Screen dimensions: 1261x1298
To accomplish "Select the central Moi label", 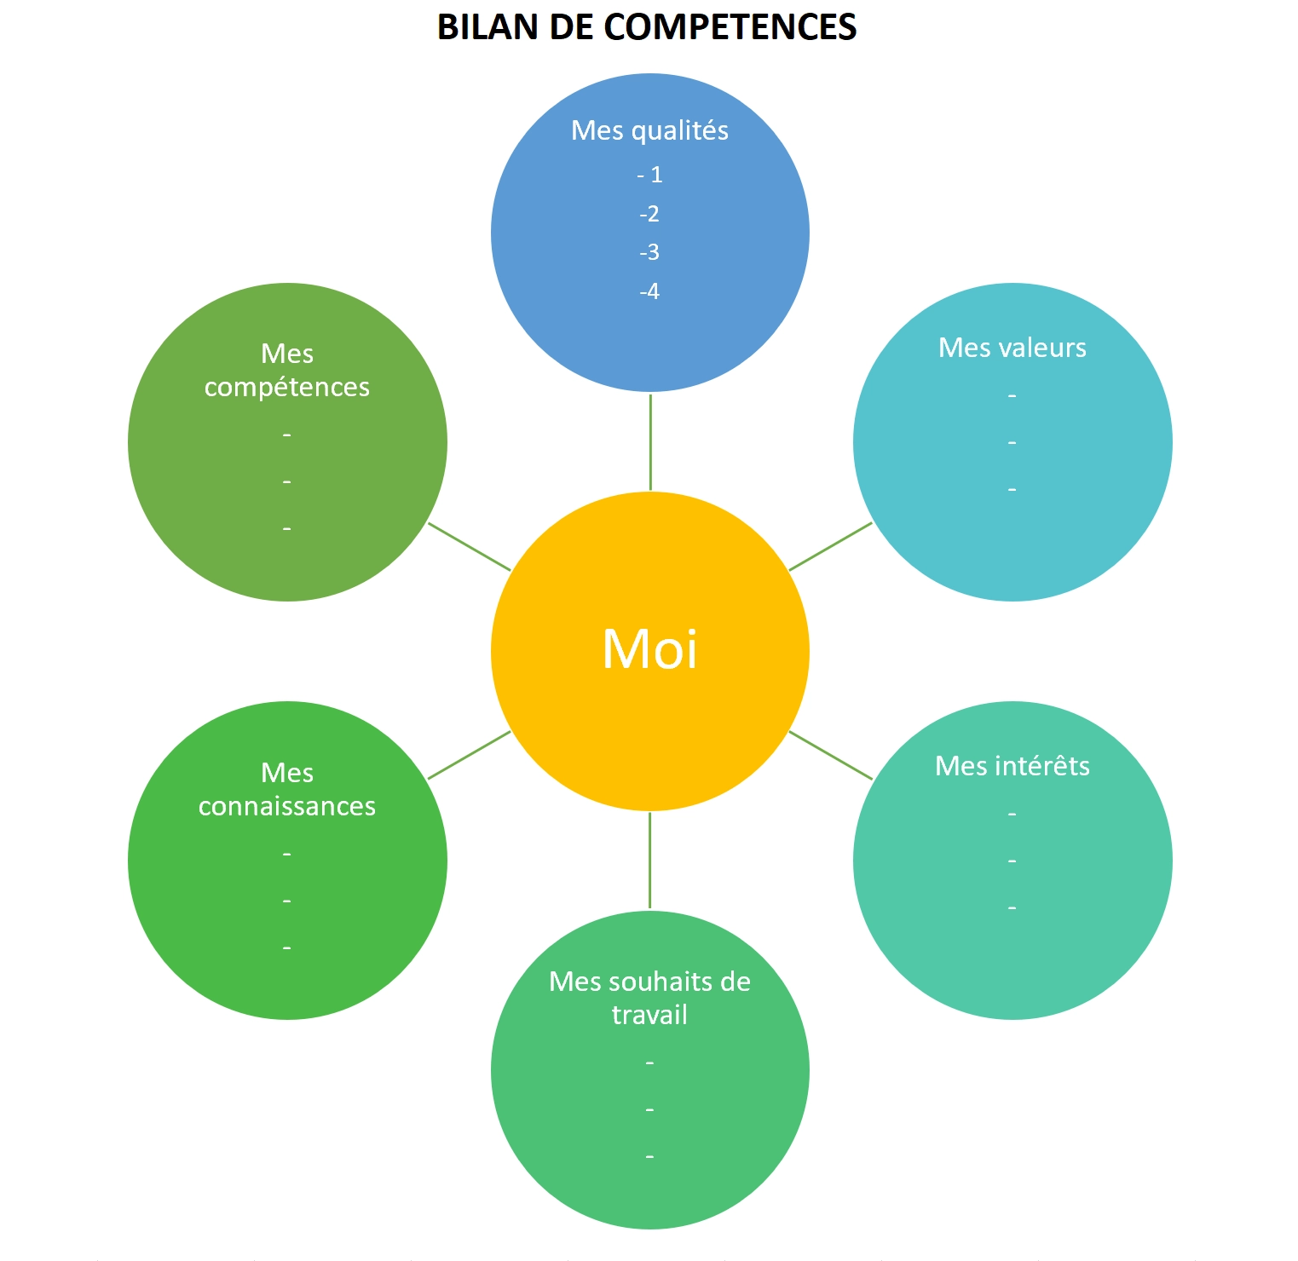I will point(649,650).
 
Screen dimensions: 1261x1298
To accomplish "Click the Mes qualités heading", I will point(649,130).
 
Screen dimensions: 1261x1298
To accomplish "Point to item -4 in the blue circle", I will point(649,291).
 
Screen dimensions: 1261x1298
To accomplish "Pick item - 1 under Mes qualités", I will point(649,175).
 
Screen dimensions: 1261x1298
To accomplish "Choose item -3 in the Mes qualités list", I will point(649,252).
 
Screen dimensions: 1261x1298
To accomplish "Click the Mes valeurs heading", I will point(1012,348).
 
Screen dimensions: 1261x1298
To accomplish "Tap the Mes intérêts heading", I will point(1012,766).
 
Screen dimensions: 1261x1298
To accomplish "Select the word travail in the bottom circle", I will point(649,1015).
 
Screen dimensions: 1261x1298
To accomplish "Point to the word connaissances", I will point(287,806).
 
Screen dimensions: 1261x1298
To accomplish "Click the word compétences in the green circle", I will point(287,388).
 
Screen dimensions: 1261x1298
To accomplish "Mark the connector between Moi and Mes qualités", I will point(650,442).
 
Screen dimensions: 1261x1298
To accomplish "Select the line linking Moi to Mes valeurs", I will point(831,546).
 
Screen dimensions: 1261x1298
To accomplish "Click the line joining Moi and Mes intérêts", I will point(831,755).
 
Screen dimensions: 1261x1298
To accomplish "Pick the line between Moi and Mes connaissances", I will point(469,755).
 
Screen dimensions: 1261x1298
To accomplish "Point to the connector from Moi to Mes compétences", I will point(469,546).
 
